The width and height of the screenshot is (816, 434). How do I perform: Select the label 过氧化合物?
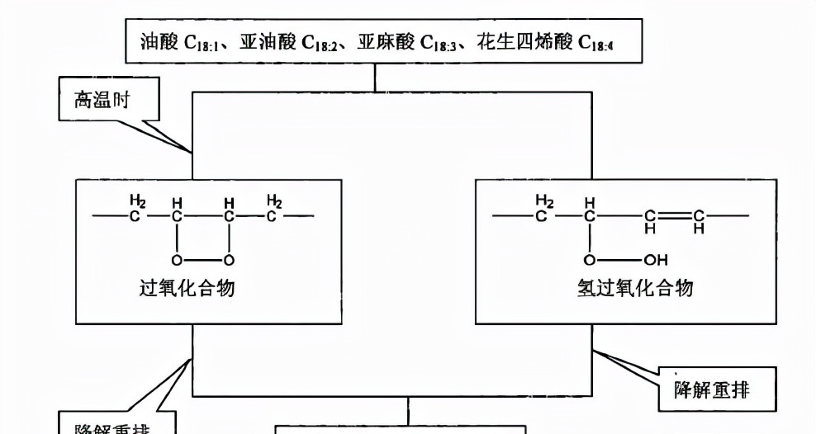coord(187,288)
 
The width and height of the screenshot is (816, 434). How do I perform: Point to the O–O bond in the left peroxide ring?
coord(202,261)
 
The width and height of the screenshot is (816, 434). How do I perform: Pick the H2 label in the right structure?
coord(543,200)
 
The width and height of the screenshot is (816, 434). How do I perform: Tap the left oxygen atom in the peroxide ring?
coord(176,261)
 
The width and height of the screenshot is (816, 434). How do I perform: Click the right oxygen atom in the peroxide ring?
coord(229,261)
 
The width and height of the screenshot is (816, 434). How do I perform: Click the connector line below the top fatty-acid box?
coord(376,78)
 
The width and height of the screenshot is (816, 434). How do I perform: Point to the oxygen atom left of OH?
coord(590,261)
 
